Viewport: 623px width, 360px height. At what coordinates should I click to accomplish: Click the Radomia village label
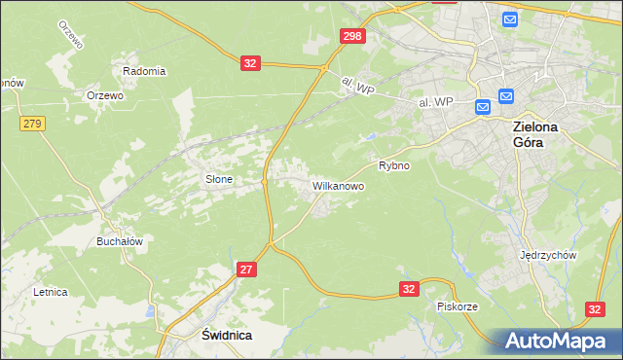point(144,71)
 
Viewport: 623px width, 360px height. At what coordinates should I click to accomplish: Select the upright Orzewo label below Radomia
point(104,95)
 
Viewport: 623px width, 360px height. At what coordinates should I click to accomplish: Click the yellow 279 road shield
point(31,123)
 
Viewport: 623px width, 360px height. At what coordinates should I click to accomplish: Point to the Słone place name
point(218,179)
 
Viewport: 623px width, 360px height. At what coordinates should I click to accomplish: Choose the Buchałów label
point(120,241)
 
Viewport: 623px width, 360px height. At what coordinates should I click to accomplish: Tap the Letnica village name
point(50,291)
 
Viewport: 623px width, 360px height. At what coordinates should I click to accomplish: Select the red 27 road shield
point(246,270)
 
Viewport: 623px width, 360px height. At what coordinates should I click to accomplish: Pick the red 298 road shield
point(352,36)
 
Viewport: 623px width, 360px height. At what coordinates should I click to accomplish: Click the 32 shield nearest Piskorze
point(409,289)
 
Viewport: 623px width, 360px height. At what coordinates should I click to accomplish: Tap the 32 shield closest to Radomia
point(251,63)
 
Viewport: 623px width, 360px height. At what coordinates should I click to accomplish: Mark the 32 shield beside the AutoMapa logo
point(596,308)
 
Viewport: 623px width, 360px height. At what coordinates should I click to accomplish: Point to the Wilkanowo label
point(338,185)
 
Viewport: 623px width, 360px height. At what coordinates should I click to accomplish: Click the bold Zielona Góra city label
point(541,133)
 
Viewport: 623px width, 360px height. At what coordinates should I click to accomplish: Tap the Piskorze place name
point(457,306)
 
